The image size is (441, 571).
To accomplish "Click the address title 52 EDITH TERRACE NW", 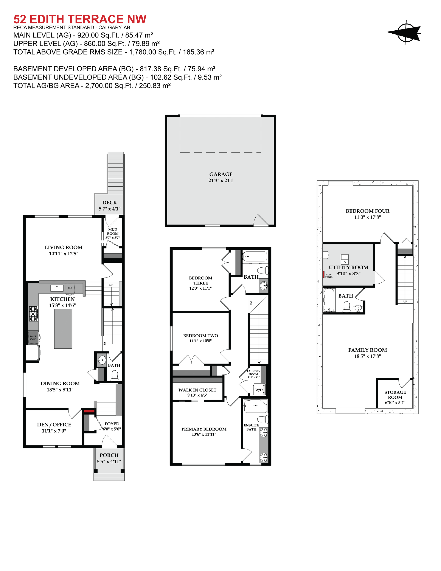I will (80, 19).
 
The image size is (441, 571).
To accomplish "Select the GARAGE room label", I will (220, 174).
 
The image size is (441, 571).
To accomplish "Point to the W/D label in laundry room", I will (259, 390).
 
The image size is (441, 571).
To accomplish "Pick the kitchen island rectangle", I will (63, 329).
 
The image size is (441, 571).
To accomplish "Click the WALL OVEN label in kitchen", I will (33, 337).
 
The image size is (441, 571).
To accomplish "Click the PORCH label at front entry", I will (109, 455).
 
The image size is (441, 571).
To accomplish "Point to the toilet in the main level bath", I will (115, 376).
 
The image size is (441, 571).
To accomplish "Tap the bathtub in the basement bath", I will (329, 300).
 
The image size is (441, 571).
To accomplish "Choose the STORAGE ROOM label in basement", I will (395, 395).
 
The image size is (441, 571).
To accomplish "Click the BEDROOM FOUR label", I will (367, 211).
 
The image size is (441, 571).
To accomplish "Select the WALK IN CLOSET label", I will (197, 390).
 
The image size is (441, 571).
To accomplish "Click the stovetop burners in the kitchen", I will (33, 314).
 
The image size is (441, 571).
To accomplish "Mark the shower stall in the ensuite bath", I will (256, 406).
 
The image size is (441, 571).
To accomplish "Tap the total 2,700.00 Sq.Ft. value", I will (109, 86).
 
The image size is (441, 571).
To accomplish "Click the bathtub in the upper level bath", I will (255, 256).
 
